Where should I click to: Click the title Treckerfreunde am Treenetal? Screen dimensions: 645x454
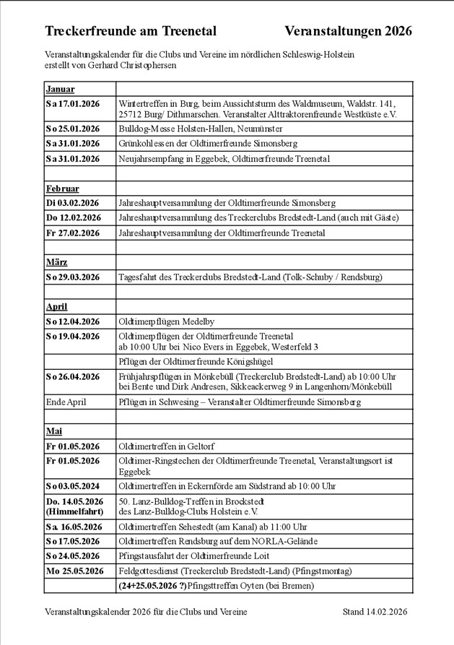tap(131, 31)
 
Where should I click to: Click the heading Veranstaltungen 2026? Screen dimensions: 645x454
tap(348, 31)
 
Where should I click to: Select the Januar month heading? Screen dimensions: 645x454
tap(61, 89)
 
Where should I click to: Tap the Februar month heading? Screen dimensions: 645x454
tap(63, 189)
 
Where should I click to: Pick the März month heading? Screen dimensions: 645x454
tap(57, 262)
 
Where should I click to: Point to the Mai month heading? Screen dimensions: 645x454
tap(54, 432)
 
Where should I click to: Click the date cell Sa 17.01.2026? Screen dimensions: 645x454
tap(73, 104)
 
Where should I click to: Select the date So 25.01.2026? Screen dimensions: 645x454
tap(73, 129)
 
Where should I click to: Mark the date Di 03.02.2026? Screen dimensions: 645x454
tap(73, 203)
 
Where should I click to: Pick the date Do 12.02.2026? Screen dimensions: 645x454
tap(74, 217)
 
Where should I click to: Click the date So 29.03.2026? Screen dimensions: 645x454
tap(73, 277)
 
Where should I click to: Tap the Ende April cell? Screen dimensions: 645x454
tap(66, 402)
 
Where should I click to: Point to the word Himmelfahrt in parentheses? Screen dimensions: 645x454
tap(74, 511)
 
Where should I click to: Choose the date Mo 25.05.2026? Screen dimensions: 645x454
tap(74, 571)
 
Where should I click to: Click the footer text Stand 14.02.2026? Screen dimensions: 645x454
tap(375, 612)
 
